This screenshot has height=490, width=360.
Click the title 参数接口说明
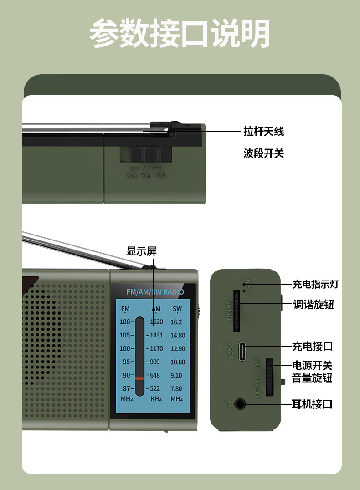pyautogui.click(x=180, y=33)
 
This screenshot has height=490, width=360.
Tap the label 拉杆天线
pyautogui.click(x=263, y=132)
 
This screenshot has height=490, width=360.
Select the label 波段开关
pyautogui.click(x=263, y=153)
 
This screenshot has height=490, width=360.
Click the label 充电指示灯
pyautogui.click(x=315, y=285)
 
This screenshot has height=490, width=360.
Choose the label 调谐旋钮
pyautogui.click(x=314, y=305)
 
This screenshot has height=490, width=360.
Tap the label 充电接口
pyautogui.click(x=312, y=347)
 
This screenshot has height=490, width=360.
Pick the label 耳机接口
pyautogui.click(x=312, y=404)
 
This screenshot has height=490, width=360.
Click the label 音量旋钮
pyautogui.click(x=312, y=378)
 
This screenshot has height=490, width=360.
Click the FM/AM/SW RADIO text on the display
pyautogui.click(x=155, y=292)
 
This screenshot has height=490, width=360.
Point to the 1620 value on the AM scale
pyautogui.click(x=156, y=322)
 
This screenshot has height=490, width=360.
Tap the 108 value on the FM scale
pyautogui.click(x=125, y=322)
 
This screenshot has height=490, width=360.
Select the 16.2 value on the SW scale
pyautogui.click(x=176, y=322)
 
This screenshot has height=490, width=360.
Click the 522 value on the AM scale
pyautogui.click(x=155, y=389)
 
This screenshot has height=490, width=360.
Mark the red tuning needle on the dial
pyautogui.click(x=139, y=378)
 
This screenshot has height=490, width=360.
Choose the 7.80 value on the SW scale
pyautogui.click(x=176, y=389)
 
